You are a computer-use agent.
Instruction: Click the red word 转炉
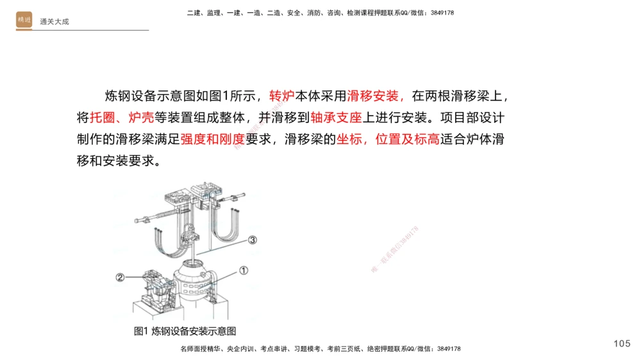(281, 97)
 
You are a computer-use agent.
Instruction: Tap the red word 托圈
(102, 118)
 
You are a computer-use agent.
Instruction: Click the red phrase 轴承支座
(337, 118)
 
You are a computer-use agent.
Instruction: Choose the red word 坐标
(349, 139)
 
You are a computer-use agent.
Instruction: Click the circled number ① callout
(243, 270)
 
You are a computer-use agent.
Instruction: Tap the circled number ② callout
(120, 277)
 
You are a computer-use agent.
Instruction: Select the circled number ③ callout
(253, 240)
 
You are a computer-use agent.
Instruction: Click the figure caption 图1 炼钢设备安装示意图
(185, 331)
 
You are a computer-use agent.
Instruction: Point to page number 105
(622, 344)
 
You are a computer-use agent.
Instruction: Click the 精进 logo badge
(24, 20)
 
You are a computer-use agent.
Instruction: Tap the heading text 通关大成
(54, 22)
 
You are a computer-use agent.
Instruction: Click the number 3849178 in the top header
(441, 13)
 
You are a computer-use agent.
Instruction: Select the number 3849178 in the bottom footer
(447, 349)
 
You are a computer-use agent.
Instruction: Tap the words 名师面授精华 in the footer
(201, 349)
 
